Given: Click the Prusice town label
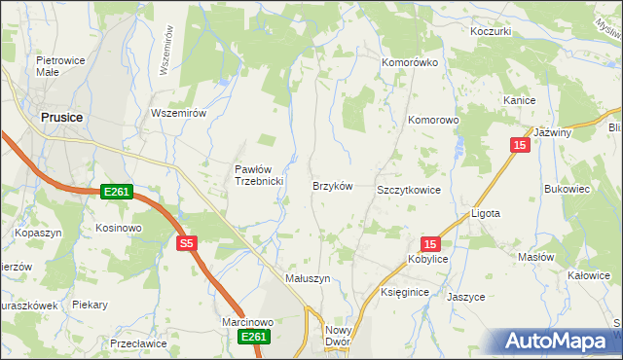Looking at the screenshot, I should [x=61, y=117].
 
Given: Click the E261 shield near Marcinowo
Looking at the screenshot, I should [x=253, y=337].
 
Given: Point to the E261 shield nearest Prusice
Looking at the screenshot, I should [x=116, y=194].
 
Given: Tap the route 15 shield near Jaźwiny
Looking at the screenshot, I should [x=520, y=145].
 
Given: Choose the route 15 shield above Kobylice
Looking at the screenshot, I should [x=431, y=244].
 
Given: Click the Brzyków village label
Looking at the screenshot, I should [x=331, y=186].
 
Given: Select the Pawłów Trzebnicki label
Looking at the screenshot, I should [x=258, y=175].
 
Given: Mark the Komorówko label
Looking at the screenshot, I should [x=410, y=62].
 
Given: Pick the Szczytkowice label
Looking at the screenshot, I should [x=409, y=190].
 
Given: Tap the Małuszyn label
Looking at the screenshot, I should [x=308, y=278].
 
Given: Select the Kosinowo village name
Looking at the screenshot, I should [x=119, y=228].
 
